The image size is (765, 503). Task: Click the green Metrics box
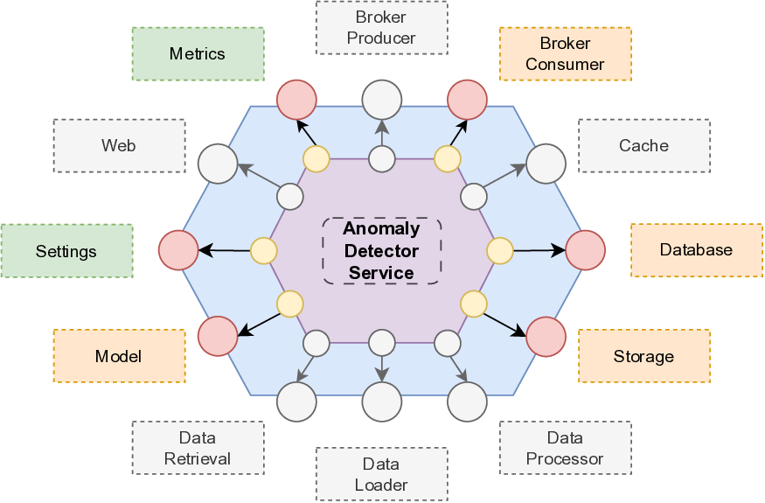click(x=198, y=53)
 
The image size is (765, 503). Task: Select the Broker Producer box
click(x=381, y=28)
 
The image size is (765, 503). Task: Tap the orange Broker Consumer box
click(x=565, y=53)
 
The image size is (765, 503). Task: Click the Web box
click(x=119, y=145)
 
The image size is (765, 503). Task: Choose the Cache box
click(x=643, y=145)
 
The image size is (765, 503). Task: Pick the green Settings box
click(x=66, y=251)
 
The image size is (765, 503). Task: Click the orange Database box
click(x=696, y=250)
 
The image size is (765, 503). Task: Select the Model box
click(x=119, y=356)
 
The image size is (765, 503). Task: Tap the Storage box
click(x=643, y=356)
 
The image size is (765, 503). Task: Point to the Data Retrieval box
click(x=198, y=448)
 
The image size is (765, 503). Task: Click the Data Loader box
click(x=381, y=474)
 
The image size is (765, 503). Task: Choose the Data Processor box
click(x=565, y=448)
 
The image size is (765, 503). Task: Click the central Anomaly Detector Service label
click(x=381, y=250)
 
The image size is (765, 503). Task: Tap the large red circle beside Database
click(x=586, y=250)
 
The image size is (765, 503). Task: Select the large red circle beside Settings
click(x=178, y=250)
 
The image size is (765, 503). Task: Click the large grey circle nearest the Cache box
click(x=546, y=164)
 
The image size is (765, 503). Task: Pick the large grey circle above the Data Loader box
click(x=381, y=402)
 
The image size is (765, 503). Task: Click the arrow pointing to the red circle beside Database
click(x=539, y=250)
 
